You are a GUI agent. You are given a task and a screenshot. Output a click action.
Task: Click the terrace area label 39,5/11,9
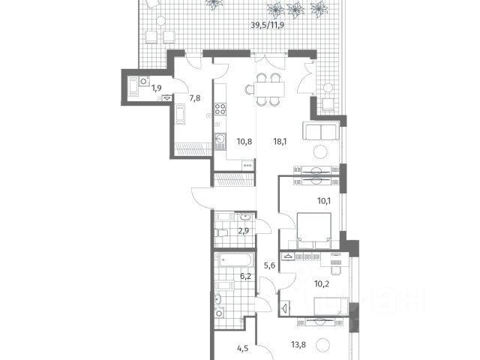point(267,25)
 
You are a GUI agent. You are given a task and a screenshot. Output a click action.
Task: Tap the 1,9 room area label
point(157,88)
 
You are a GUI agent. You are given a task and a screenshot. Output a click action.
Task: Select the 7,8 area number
point(195,98)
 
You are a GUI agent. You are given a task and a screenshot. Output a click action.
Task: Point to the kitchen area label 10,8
point(244,142)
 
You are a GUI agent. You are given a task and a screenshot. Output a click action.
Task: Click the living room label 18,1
point(280,142)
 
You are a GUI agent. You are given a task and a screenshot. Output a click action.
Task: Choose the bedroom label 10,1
point(324,201)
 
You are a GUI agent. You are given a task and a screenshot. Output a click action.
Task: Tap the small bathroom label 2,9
point(243,231)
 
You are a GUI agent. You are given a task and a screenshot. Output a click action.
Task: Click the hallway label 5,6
point(269,265)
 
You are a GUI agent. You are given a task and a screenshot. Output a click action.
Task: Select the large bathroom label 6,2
point(245,277)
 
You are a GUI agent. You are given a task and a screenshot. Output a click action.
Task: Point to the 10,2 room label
point(322,283)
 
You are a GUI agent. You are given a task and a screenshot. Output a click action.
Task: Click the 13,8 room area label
point(298,345)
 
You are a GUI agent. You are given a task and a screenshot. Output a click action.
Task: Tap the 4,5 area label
point(242,348)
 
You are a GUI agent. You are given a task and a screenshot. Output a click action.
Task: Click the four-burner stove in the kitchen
point(220,109)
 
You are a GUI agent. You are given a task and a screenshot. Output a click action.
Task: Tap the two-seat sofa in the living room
point(321,131)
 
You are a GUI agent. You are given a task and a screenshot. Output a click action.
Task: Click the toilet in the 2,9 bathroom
point(220,233)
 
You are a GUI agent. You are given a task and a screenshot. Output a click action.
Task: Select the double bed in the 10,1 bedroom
point(314,226)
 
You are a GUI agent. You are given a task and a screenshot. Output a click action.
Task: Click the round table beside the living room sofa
point(320,151)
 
